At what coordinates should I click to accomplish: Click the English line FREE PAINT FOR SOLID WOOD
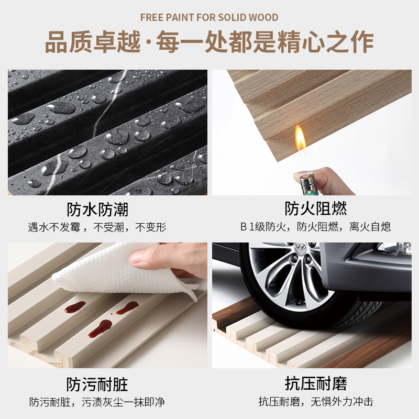(x=209, y=18)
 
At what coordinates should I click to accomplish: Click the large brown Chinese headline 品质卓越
(x=93, y=42)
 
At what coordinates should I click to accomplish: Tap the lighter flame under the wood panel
(x=301, y=138)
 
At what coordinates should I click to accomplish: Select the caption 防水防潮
(x=97, y=209)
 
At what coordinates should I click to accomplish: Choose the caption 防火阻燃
(x=316, y=208)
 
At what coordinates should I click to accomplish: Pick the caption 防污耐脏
(x=97, y=384)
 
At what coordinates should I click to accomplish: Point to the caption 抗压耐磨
(x=316, y=383)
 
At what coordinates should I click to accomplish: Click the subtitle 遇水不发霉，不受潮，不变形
(x=97, y=227)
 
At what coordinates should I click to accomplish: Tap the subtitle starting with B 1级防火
(x=316, y=227)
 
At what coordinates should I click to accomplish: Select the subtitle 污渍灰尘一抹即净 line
(x=123, y=402)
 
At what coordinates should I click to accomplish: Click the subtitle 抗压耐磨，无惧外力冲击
(x=316, y=401)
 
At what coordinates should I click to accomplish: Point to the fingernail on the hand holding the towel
(x=136, y=258)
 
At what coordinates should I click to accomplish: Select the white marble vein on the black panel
(x=110, y=104)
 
